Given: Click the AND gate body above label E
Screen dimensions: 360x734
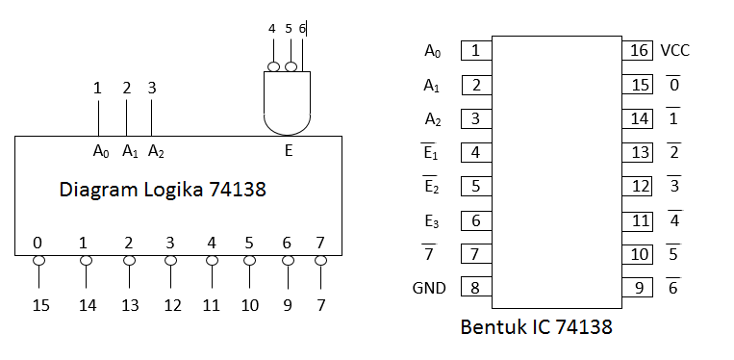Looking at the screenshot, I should [x=287, y=102].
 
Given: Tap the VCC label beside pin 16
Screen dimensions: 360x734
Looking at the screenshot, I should [x=674, y=51].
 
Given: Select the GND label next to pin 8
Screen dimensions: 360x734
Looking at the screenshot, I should [x=429, y=288].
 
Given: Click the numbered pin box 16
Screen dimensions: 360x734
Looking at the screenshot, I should [x=638, y=51].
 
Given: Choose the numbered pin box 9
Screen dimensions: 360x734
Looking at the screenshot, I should [x=638, y=288].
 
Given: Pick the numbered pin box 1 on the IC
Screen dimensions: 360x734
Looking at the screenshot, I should [x=475, y=51].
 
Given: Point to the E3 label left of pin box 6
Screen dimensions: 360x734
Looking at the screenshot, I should [x=433, y=221].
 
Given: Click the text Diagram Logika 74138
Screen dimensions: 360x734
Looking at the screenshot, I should [x=163, y=191].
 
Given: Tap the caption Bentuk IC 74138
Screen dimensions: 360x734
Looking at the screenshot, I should [x=535, y=328].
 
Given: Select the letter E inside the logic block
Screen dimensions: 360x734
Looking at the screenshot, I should [x=288, y=150].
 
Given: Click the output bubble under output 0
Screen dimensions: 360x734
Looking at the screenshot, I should [x=38, y=261].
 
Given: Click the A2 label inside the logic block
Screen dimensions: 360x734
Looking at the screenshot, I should [x=156, y=151].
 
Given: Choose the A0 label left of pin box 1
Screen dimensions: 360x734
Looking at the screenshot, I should [x=433, y=51].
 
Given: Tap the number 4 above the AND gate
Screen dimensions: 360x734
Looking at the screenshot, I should [x=272, y=29].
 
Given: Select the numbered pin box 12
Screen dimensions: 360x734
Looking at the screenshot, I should [x=638, y=186].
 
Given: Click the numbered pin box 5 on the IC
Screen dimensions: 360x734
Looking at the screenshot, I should [x=475, y=186].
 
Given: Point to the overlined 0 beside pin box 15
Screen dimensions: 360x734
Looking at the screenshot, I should [x=673, y=86].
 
